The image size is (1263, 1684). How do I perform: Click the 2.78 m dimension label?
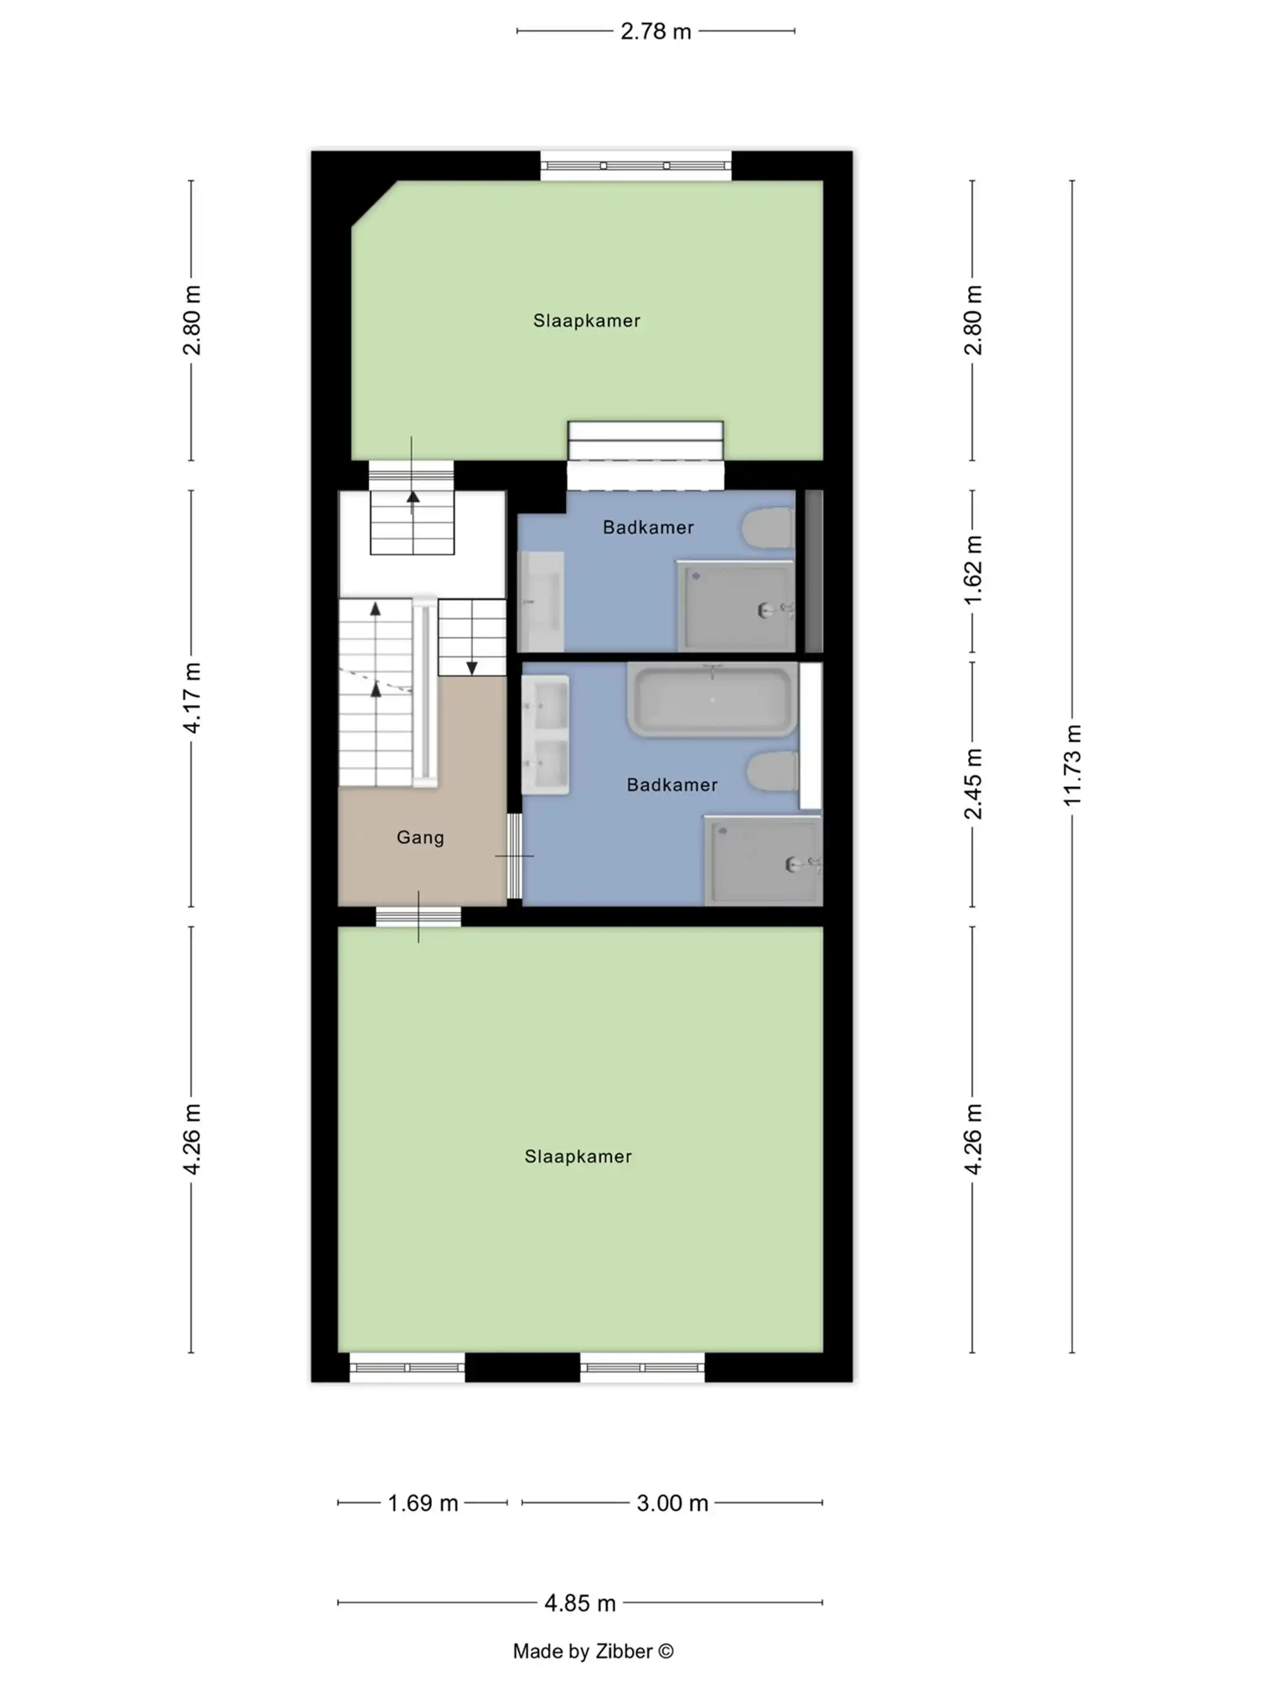(655, 31)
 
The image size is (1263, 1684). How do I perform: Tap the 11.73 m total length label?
(1071, 766)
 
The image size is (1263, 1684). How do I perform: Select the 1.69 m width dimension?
(422, 1503)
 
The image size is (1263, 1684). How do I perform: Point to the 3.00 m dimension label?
(671, 1503)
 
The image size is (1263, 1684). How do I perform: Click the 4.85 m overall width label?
(579, 1603)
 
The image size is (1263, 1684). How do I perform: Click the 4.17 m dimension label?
(191, 697)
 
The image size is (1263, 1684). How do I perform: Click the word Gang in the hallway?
(420, 838)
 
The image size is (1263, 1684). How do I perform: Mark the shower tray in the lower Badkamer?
(763, 860)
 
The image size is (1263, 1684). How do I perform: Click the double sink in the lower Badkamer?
(545, 735)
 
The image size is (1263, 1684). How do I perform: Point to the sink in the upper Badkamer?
(541, 601)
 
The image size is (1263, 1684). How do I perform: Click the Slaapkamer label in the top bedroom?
(586, 320)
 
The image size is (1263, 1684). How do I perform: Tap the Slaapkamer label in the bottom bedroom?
(578, 1157)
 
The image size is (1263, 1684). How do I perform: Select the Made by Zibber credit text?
(592, 1651)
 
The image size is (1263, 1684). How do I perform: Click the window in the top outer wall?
(636, 165)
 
